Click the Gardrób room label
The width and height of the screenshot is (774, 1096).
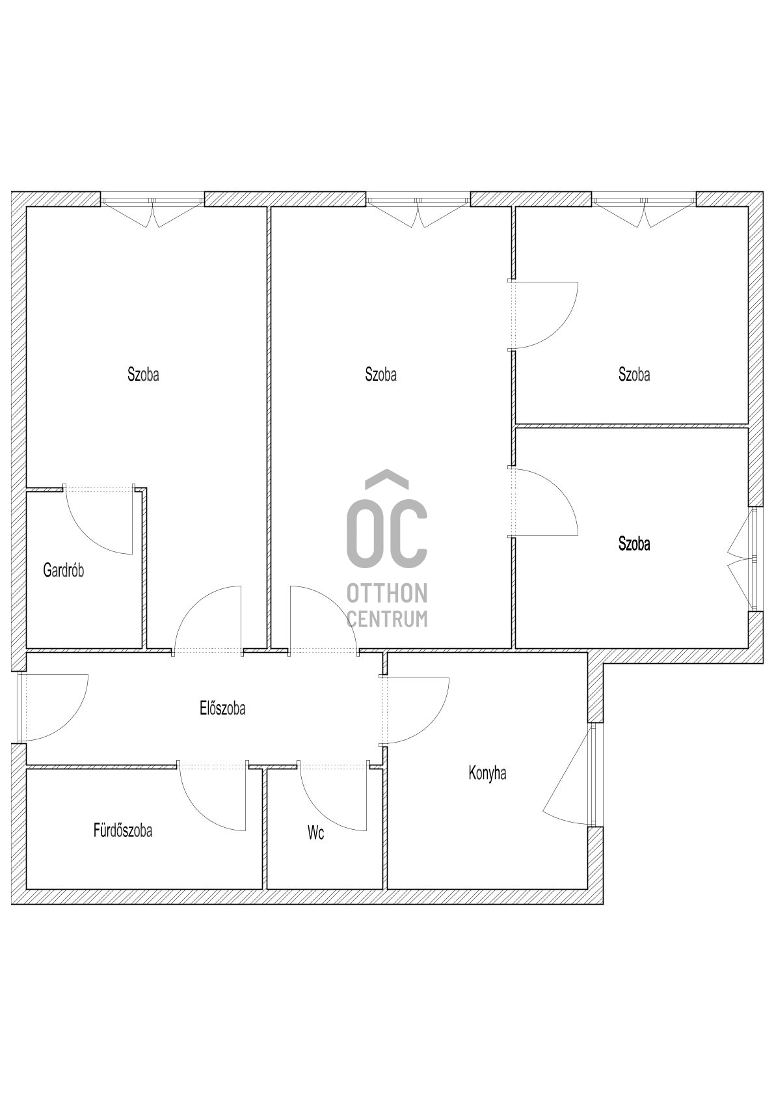tap(64, 571)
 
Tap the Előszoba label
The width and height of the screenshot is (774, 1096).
tap(222, 709)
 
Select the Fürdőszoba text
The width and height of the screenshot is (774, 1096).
tap(123, 830)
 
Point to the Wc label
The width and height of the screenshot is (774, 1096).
tap(316, 833)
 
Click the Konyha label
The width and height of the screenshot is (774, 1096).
tap(487, 773)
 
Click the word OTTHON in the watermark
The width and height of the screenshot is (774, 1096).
tap(387, 594)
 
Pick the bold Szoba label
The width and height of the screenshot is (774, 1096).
tap(634, 543)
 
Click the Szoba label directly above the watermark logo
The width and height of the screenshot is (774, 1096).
tap(381, 374)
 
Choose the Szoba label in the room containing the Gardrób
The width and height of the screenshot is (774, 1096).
tap(143, 374)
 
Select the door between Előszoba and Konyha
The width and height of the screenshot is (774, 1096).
tap(414, 711)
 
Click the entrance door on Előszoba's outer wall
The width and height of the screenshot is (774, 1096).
tap(53, 707)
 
